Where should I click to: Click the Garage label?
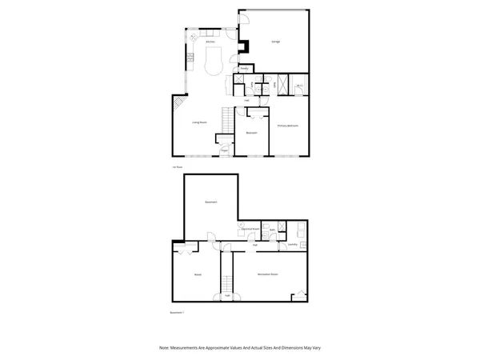276,41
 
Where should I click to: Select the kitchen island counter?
214,61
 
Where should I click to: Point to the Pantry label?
244,70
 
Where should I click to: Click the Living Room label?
199,122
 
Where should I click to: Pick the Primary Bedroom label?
288,126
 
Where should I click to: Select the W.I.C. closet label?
299,86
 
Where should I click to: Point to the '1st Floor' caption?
178,166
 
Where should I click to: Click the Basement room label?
211,202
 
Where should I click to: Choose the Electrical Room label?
250,229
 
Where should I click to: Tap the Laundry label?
293,244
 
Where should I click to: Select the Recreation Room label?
267,274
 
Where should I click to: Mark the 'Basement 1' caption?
178,312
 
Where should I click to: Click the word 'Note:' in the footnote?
164,347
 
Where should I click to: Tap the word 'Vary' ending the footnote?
316,347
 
